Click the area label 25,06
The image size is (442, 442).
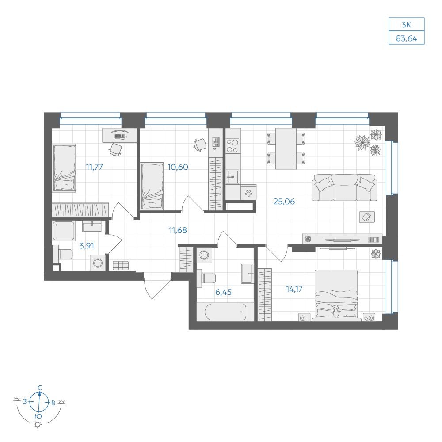[x=284, y=202]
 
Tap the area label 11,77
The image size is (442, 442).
[x=95, y=167]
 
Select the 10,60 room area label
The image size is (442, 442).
[x=178, y=167]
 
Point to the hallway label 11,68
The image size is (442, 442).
[x=178, y=230]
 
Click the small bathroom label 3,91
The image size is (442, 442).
[x=87, y=246]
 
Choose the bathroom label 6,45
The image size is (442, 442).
[x=223, y=292]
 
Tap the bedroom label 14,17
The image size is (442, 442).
[x=294, y=289]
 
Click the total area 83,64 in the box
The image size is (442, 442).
[x=407, y=38]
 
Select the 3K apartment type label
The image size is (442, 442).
[x=406, y=25]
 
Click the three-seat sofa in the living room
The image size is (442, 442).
[x=344, y=187]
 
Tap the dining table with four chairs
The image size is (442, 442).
[x=286, y=149]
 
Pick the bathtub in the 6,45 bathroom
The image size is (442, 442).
[x=225, y=312]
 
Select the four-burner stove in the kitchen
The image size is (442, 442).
[x=233, y=145]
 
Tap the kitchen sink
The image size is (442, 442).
[x=233, y=177]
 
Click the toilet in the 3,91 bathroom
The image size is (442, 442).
[x=63, y=254]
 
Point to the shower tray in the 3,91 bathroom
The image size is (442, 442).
[x=64, y=231]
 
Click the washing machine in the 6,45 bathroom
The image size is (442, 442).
[x=204, y=255]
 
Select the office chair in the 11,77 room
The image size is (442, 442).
[x=115, y=149]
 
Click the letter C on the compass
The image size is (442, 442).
[x=40, y=388]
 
